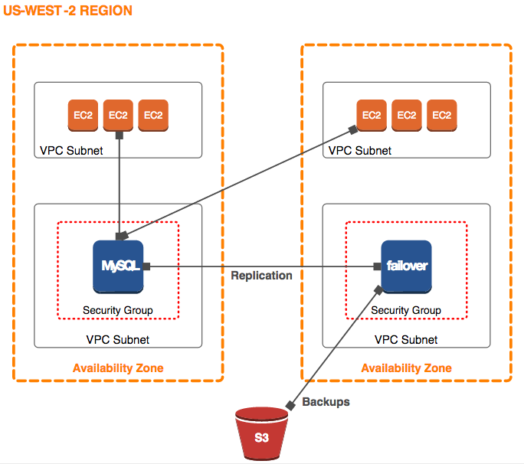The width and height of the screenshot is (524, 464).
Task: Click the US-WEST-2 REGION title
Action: [68, 11]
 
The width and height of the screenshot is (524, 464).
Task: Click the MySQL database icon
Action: [119, 266]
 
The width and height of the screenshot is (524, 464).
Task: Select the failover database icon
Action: [406, 266]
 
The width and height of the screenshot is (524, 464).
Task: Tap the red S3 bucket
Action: [262, 436]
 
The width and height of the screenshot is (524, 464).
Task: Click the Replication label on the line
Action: [261, 276]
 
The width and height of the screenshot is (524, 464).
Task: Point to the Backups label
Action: [326, 402]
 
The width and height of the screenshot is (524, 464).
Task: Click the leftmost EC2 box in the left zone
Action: [83, 115]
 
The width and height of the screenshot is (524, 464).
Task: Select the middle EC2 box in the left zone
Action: [118, 115]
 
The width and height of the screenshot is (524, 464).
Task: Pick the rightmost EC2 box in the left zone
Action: [153, 115]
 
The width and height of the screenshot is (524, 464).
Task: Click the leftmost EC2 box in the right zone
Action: [372, 115]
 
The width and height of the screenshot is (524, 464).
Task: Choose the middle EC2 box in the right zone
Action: [407, 115]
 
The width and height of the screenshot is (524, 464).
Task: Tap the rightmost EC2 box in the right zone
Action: [441, 115]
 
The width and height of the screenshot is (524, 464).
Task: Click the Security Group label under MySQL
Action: [117, 310]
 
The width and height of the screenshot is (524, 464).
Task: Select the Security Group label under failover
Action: [406, 310]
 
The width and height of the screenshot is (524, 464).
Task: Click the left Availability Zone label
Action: [118, 368]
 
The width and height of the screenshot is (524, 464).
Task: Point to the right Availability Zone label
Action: [406, 368]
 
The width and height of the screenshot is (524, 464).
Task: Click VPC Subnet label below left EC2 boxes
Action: [71, 151]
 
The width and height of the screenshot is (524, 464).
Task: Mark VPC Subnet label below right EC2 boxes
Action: [360, 151]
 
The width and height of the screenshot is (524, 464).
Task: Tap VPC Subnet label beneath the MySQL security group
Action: [118, 339]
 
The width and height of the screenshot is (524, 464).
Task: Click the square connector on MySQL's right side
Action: [146, 266]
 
